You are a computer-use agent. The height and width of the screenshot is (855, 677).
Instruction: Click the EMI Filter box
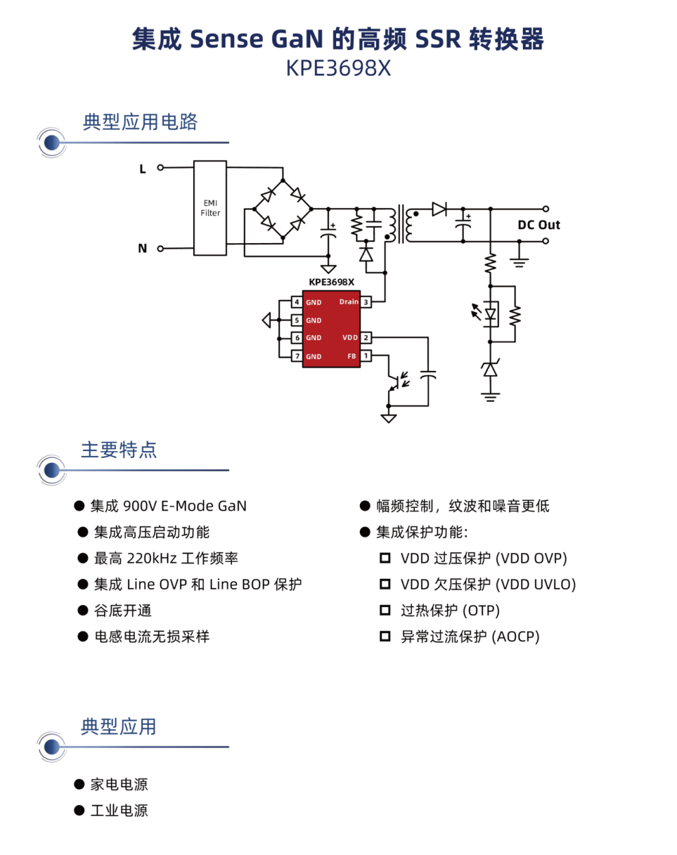coord(210,208)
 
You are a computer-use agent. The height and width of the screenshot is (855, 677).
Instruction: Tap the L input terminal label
coord(143,169)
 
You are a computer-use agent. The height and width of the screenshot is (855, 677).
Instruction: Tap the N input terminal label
coord(143,249)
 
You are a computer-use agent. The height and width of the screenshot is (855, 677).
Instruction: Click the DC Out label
coord(538,225)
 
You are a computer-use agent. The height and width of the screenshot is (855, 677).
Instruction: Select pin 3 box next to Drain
coord(366,302)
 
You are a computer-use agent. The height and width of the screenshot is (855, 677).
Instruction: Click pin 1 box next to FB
coord(366,356)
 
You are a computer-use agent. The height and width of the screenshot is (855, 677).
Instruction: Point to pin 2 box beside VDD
coord(366,338)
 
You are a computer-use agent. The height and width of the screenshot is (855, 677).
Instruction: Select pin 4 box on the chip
coord(297,302)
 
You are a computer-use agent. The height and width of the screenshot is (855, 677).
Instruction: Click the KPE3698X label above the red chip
coord(332,282)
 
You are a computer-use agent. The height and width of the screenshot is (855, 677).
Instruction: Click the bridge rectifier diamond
coord(283,209)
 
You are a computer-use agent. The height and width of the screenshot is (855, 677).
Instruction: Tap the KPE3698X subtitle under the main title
coord(338,68)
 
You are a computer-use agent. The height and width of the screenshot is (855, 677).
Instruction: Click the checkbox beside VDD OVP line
coord(385,558)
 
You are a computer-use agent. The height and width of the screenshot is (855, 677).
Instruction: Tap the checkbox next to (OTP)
coord(385,610)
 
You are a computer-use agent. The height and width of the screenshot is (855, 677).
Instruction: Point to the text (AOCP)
coord(515,636)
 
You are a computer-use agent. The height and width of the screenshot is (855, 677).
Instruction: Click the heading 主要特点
coord(119,450)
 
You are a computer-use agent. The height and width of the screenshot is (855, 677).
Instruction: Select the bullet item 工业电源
coord(119,811)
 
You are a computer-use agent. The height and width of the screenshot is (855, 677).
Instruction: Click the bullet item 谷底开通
coord(123,611)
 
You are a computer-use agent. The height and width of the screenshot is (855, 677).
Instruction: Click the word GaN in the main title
coord(297,39)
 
